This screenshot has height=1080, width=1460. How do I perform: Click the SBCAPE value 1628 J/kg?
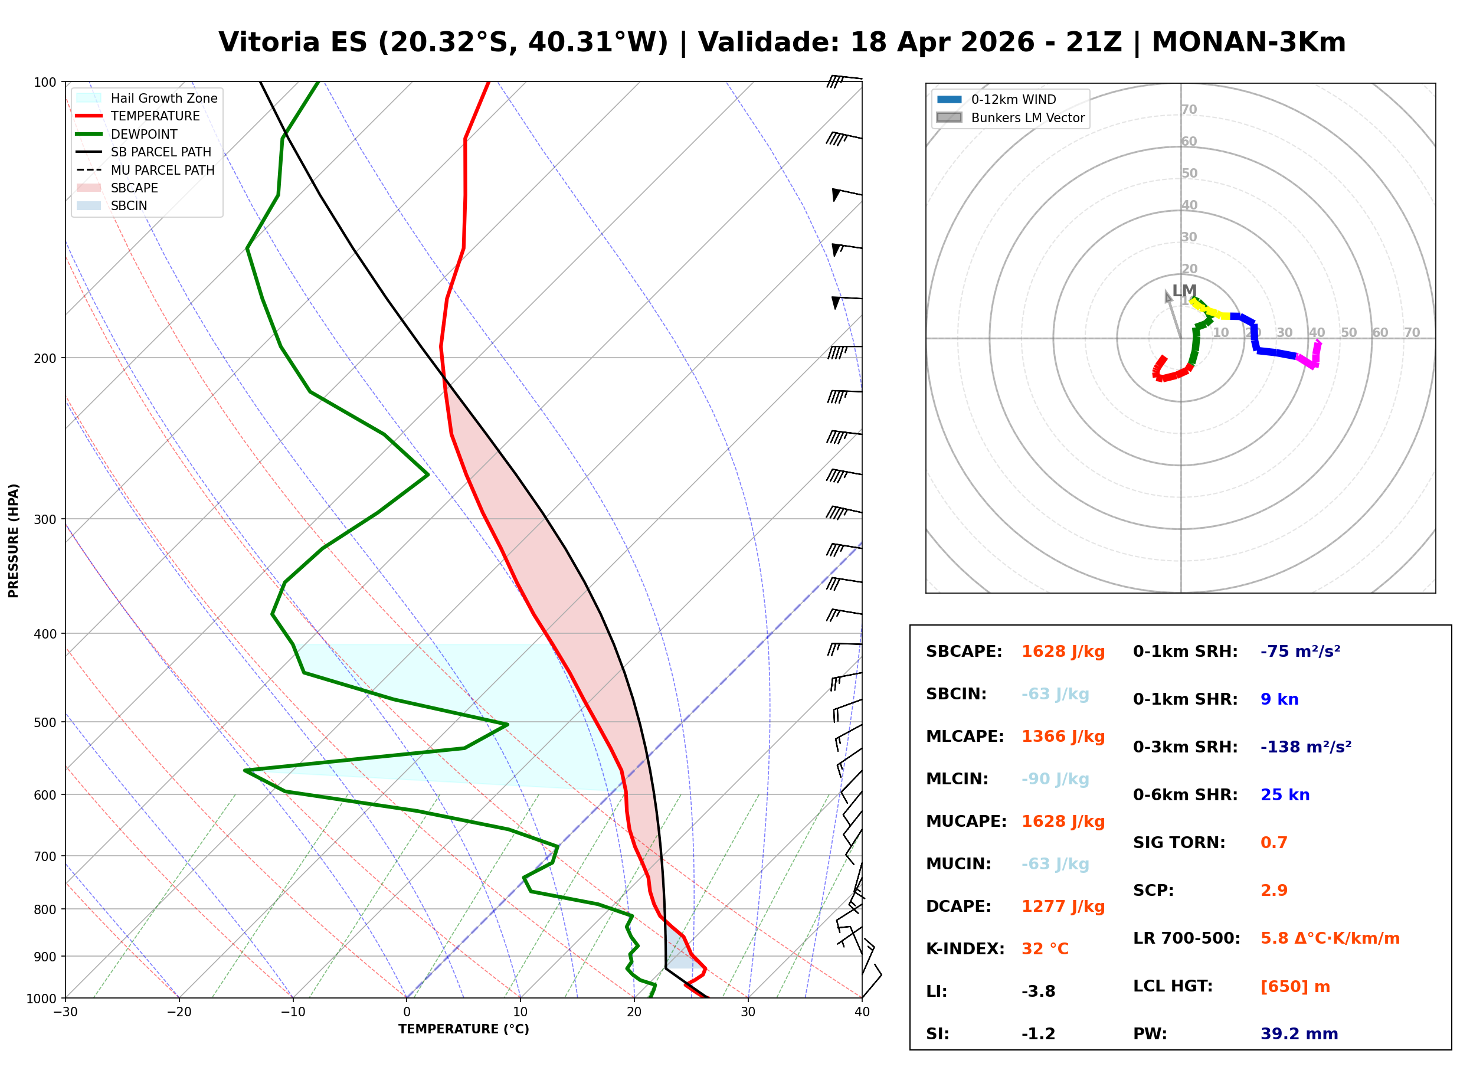[1063, 652]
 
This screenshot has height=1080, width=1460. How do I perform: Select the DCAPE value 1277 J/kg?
[1063, 906]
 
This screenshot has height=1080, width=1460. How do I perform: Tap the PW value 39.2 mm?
[1298, 1034]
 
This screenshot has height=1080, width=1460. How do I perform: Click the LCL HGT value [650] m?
[1295, 987]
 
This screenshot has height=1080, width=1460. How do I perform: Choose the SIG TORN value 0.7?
[1274, 843]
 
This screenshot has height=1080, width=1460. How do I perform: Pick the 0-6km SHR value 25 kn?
[1285, 795]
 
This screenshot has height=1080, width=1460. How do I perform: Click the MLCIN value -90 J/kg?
[1055, 779]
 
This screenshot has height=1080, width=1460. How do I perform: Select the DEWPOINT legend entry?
[144, 134]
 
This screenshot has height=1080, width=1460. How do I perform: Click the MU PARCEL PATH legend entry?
[162, 170]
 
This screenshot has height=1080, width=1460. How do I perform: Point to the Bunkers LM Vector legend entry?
[1027, 117]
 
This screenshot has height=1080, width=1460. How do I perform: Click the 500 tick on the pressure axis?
[45, 722]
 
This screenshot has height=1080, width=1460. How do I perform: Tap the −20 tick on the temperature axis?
[179, 1012]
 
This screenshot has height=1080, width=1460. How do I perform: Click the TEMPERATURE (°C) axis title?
[463, 1029]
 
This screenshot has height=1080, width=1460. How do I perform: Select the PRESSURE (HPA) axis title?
[14, 540]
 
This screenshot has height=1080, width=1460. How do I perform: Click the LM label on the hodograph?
[1184, 290]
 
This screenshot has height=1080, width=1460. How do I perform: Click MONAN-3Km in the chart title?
[1248, 42]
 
